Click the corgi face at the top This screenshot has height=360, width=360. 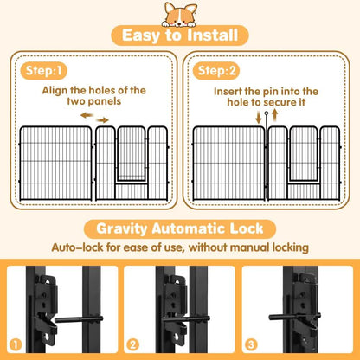pyautogui.click(x=180, y=14)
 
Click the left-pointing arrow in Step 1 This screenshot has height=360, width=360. pyautogui.click(x=84, y=113)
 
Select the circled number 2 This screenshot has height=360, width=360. pyautogui.click(x=132, y=344)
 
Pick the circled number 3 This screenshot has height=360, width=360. pyautogui.click(x=252, y=344)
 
